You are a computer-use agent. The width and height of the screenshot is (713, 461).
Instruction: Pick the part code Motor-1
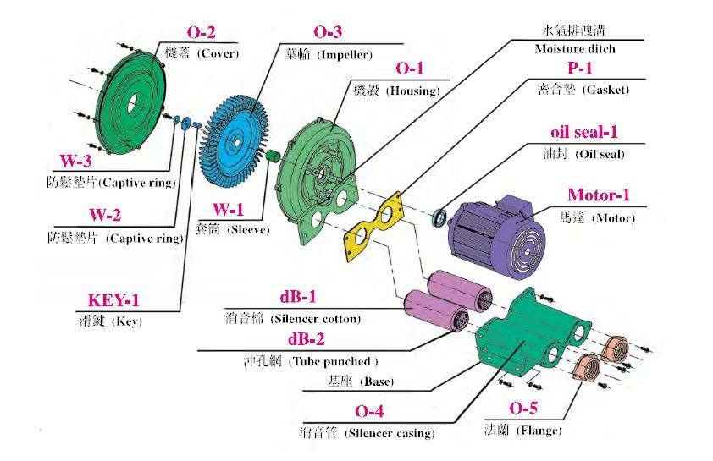coord(599,195)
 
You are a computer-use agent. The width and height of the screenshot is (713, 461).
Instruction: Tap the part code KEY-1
coord(114,300)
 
